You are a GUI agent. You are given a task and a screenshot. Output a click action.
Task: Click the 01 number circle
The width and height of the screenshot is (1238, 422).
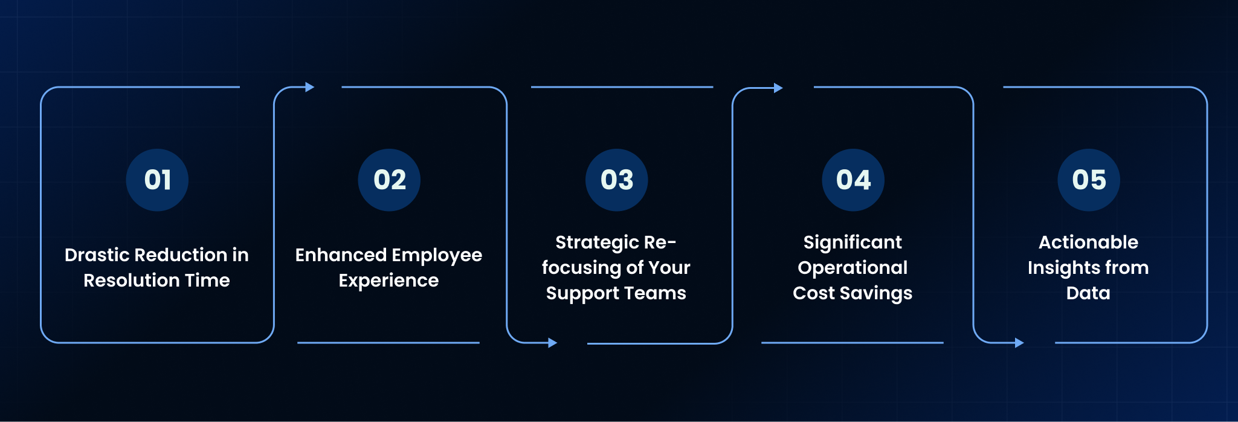[157, 180]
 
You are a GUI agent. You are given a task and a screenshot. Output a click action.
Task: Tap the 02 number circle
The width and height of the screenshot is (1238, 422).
[389, 180]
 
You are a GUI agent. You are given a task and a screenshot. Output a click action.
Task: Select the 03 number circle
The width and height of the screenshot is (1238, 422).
[616, 180]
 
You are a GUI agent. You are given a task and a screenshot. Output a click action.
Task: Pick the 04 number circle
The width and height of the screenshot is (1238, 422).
[853, 180]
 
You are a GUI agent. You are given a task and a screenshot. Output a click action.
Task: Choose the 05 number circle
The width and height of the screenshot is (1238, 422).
[1089, 180]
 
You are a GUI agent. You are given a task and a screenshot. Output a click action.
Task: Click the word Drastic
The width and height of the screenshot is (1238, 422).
[97, 255]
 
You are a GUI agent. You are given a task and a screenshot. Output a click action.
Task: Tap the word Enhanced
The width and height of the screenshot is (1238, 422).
[341, 255]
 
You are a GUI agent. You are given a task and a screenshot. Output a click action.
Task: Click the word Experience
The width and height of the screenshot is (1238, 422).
[388, 281]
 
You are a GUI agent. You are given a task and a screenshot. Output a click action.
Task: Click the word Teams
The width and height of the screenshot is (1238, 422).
[657, 293]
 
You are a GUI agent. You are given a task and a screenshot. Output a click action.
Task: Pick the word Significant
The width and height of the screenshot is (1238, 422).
[853, 243]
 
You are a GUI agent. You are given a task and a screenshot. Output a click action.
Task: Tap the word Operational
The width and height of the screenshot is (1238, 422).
[853, 268]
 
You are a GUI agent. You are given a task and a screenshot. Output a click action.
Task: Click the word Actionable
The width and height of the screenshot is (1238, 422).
[1088, 242]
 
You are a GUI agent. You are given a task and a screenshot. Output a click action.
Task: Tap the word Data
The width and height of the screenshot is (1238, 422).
[1088, 293]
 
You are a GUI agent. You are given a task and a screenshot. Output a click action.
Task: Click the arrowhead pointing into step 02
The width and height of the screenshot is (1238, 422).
[310, 87]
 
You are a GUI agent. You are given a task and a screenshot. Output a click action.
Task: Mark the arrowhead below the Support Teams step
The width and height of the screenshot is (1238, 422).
[552, 343]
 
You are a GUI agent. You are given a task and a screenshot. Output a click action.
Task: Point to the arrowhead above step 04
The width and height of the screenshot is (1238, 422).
[778, 88]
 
